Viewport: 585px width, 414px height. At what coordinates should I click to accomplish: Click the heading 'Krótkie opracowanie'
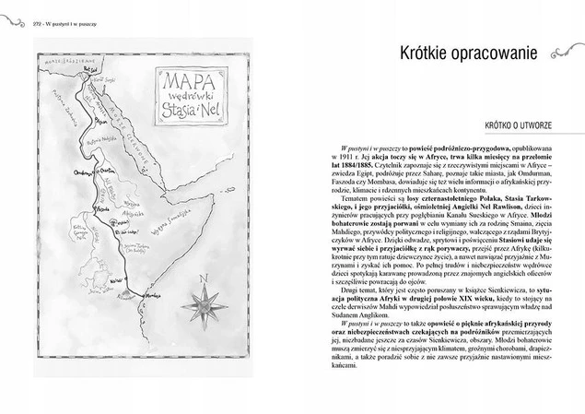click(461, 53)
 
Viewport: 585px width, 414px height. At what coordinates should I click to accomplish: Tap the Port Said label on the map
click(89, 67)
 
